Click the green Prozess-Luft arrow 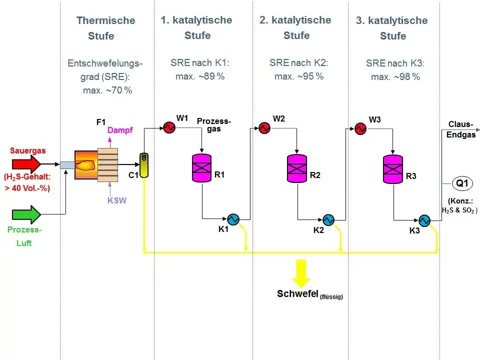tap(26, 214)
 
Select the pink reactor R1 tap(202, 168)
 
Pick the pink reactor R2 tap(297, 168)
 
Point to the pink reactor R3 tap(393, 168)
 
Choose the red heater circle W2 tap(263, 128)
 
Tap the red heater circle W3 tap(360, 128)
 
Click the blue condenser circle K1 tap(232, 219)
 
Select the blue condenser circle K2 tap(328, 219)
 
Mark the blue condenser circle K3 tap(424, 220)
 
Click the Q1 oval tap(462, 183)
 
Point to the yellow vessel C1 tap(144, 165)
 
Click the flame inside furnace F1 tap(86, 164)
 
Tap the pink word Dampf tap(120, 130)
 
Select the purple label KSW tap(117, 201)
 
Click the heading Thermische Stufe tap(105, 28)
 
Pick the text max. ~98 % tap(395, 77)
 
